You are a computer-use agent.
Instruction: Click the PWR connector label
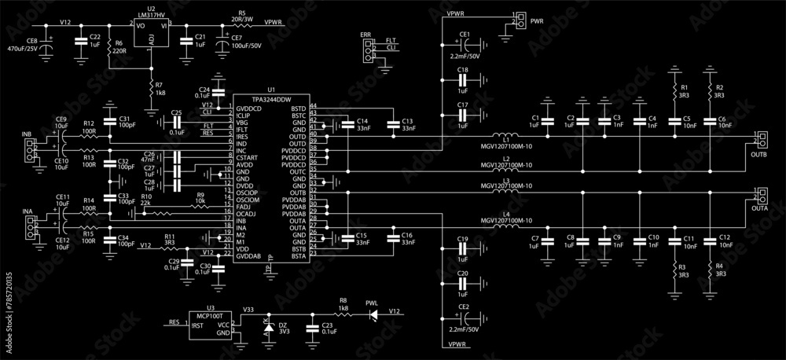[538, 19]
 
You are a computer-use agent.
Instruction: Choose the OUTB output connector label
[758, 155]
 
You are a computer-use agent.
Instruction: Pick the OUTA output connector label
[759, 208]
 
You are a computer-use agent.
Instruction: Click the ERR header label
[365, 35]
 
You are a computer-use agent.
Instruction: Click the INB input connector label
[27, 134]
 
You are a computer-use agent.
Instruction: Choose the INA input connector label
[27, 212]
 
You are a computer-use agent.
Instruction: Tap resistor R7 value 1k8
[160, 94]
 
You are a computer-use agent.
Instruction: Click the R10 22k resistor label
[146, 199]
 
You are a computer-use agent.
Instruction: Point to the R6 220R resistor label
[119, 47]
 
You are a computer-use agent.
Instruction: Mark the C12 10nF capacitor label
[724, 241]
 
